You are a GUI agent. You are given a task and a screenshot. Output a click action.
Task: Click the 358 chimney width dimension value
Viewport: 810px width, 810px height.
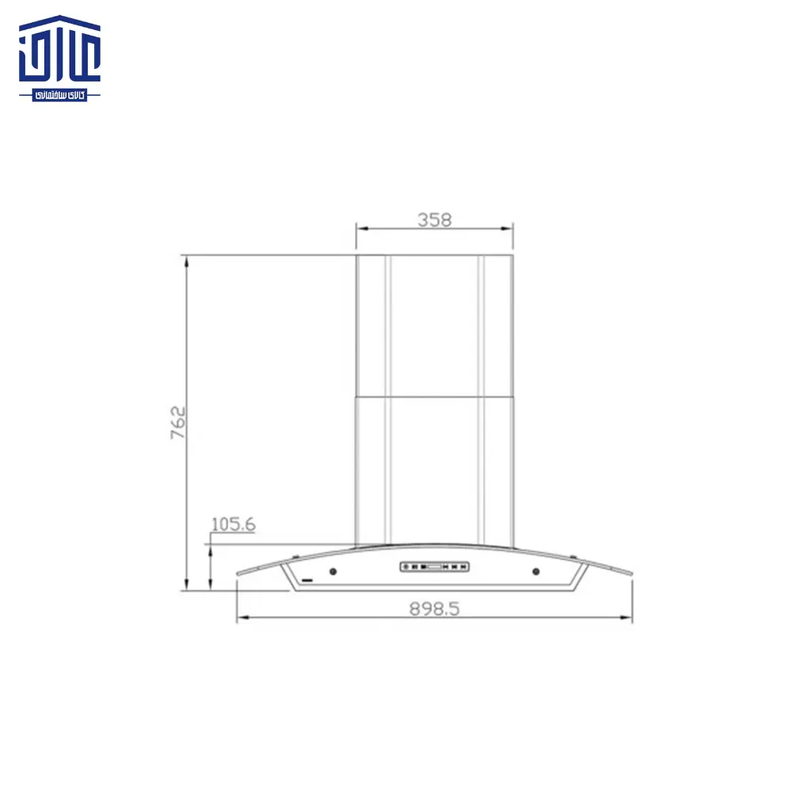point(434,220)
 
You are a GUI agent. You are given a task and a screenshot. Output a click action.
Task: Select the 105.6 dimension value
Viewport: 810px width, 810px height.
point(233,524)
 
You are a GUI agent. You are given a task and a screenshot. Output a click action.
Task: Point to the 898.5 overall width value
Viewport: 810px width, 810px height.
point(434,608)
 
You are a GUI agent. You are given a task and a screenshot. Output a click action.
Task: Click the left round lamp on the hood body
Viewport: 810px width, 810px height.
point(333,572)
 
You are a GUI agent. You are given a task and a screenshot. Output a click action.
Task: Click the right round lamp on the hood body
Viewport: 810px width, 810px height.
point(536,572)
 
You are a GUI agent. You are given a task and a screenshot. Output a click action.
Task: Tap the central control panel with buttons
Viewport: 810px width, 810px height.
point(434,566)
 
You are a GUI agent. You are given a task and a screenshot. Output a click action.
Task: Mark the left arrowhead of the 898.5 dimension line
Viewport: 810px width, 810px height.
point(240,619)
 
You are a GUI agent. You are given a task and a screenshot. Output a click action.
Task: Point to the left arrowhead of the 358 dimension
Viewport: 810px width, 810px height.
point(360,229)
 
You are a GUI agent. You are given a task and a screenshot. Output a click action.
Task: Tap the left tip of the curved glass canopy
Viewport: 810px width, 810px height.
point(237,577)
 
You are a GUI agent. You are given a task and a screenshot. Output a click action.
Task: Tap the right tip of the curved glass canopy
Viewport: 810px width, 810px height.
point(632,577)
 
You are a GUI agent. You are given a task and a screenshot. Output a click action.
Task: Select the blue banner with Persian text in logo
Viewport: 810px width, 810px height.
point(60,95)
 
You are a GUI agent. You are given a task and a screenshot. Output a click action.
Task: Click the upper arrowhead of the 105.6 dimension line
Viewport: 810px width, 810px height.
point(210,548)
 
